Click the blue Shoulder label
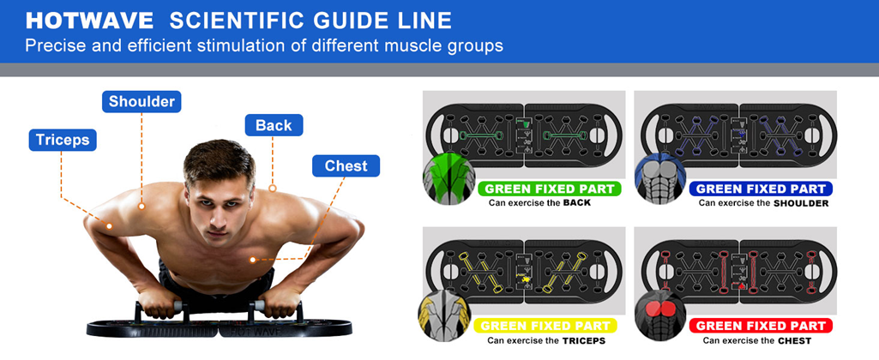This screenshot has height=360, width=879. tap(141, 101)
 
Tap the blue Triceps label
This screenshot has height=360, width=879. tap(63, 141)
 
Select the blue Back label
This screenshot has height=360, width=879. tap(274, 125)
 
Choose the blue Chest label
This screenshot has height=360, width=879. tap(346, 166)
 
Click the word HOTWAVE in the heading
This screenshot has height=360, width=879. tap(90, 21)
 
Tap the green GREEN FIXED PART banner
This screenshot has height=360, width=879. tap(549, 189)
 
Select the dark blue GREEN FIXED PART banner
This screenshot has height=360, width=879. tap(761, 189)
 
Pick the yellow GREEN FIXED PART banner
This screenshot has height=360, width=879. tap(545, 326)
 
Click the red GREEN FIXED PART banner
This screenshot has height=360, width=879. tap(761, 326)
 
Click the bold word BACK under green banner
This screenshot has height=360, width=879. tap(577, 202)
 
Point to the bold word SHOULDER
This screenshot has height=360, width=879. tap(801, 203)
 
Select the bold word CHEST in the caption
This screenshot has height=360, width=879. tap(795, 340)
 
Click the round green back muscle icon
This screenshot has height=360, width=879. tap(449, 177)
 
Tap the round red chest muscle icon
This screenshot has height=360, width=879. tap(661, 315)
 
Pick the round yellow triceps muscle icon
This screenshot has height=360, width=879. tap(445, 315)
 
